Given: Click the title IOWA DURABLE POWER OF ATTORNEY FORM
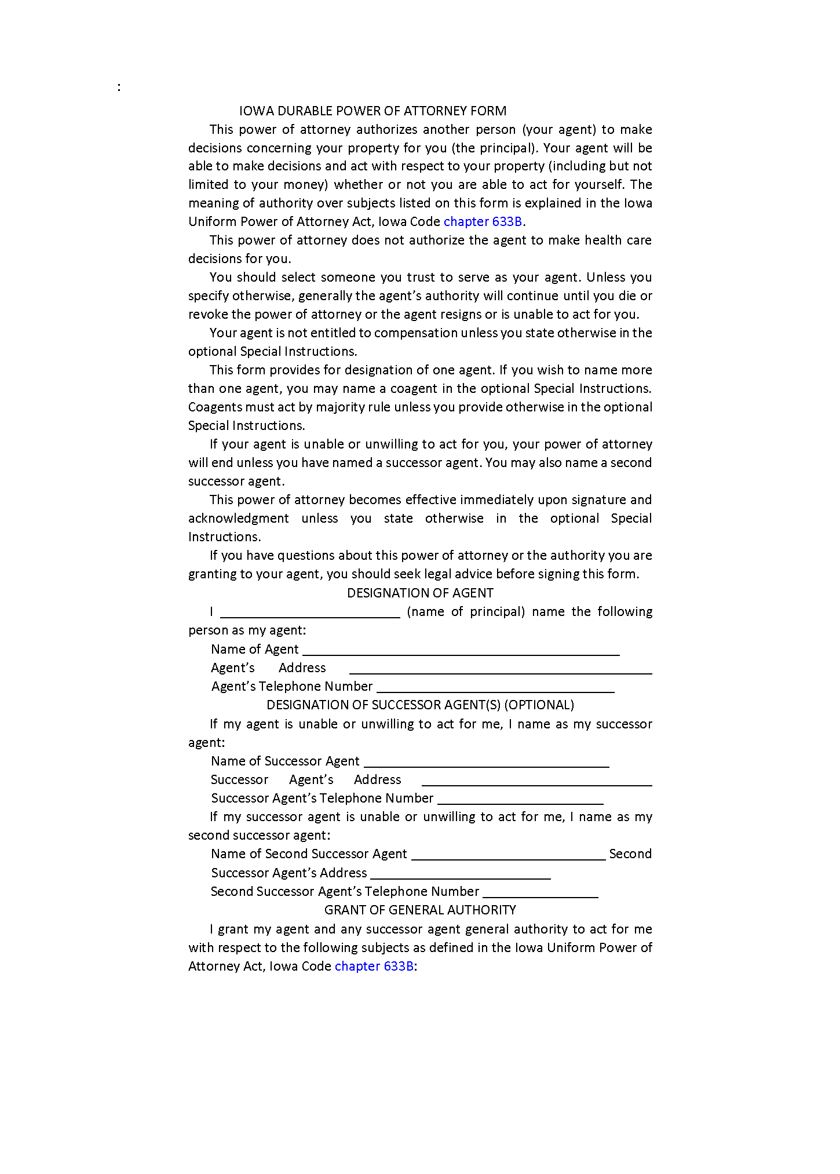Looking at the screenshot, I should (x=372, y=111).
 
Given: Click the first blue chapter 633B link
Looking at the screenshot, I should (x=483, y=221).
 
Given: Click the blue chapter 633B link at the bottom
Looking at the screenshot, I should (x=374, y=966).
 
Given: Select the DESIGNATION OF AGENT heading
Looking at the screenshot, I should (x=420, y=593).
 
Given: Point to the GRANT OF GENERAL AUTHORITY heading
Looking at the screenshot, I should (x=420, y=910).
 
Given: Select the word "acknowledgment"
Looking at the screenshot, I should (x=238, y=518).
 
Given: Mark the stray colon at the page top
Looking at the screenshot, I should (x=119, y=87).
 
